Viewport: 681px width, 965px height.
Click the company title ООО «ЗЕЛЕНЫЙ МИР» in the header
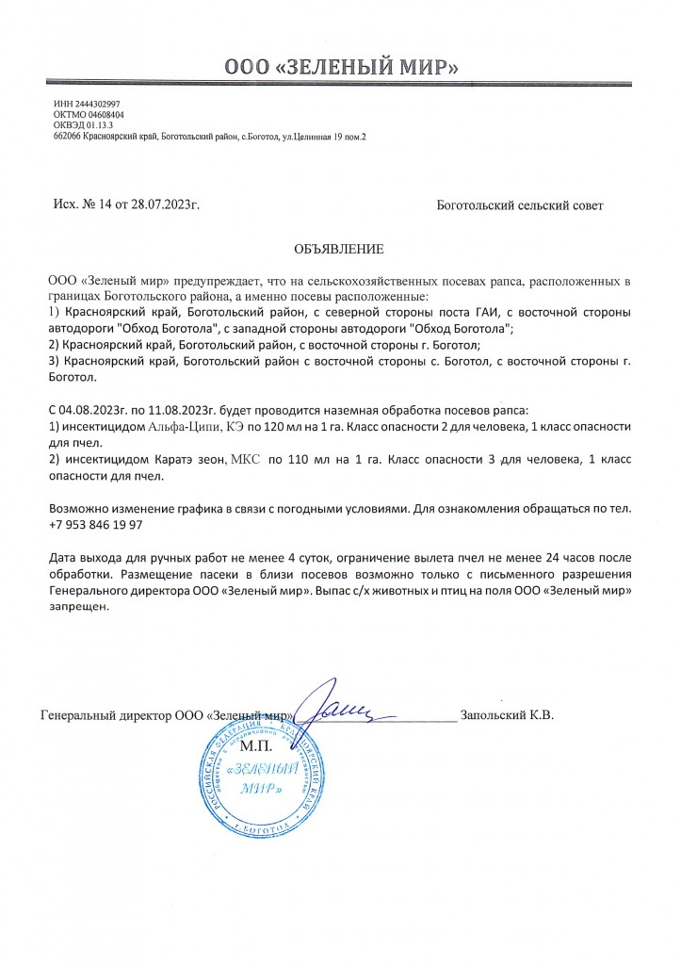[x=341, y=67]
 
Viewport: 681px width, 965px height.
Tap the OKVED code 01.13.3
[x=93, y=126]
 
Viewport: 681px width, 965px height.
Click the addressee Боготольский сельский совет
[x=520, y=204]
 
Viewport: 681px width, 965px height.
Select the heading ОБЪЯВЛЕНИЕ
[x=340, y=250]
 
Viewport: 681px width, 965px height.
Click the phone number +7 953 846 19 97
[x=95, y=525]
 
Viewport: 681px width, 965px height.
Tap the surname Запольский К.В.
[x=507, y=715]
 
